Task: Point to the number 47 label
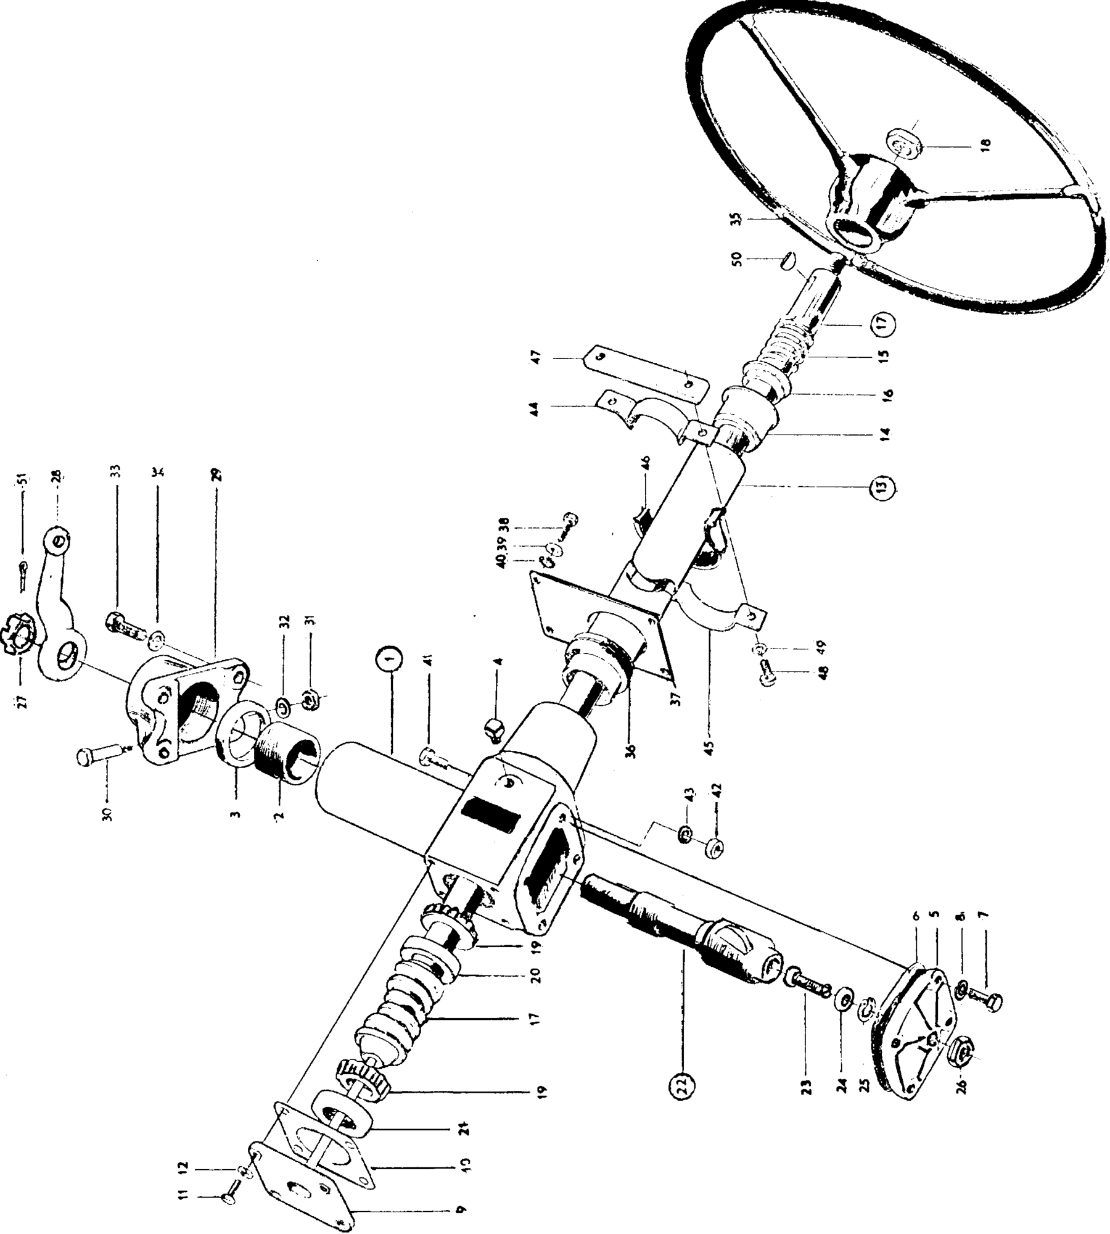(x=536, y=357)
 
